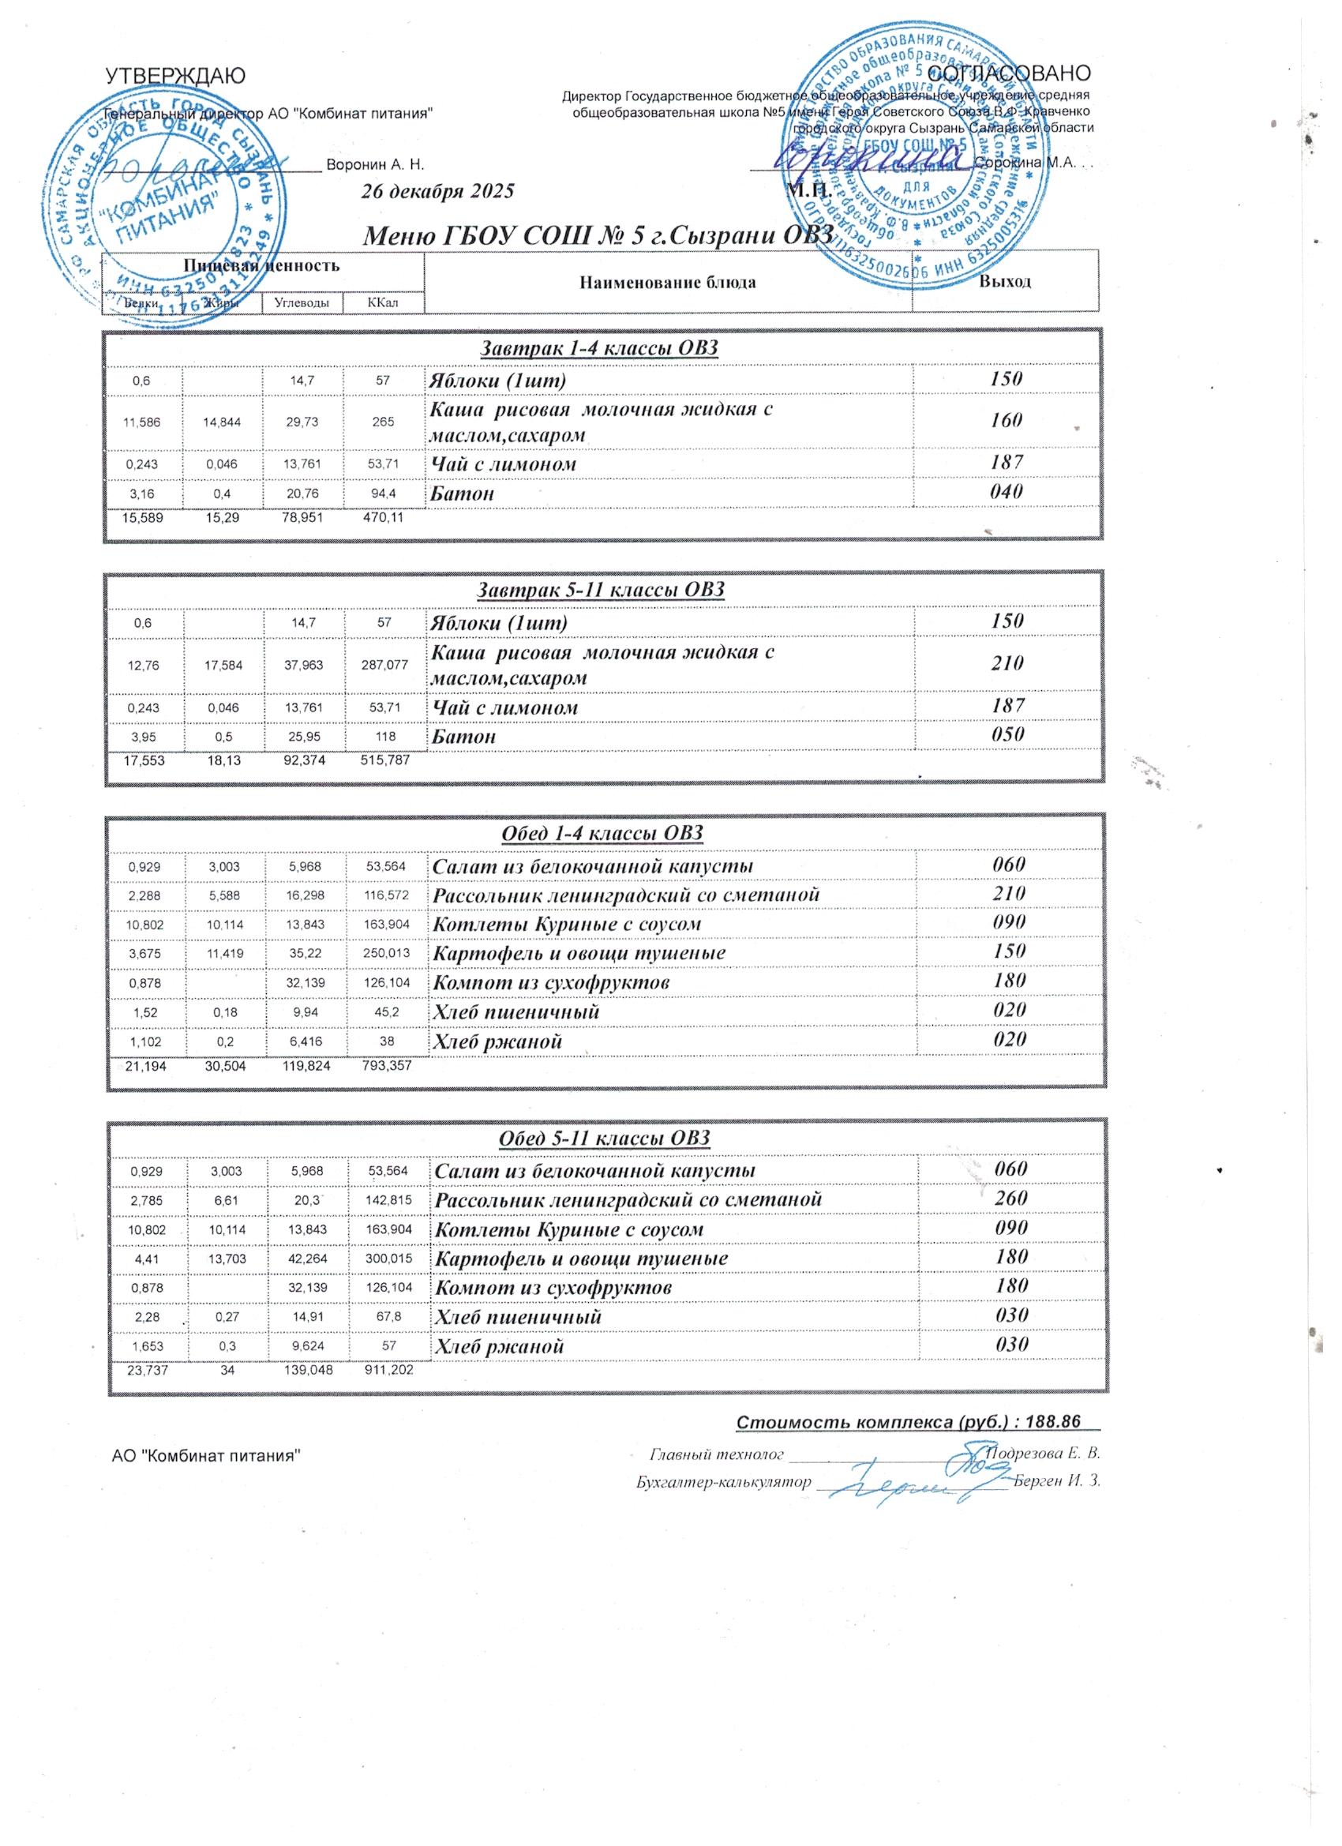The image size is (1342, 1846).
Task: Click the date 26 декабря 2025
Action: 438,192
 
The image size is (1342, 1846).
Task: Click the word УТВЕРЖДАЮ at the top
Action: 175,76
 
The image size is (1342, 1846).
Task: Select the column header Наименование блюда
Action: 667,283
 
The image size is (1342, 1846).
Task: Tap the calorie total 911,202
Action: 388,1371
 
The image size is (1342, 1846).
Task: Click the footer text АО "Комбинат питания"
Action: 206,1455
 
